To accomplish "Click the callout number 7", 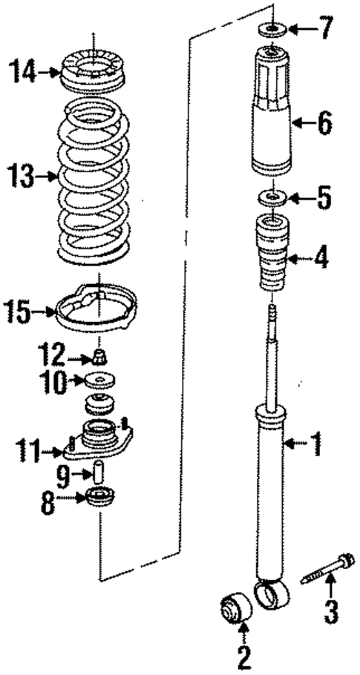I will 326,31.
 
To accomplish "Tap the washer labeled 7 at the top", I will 272,30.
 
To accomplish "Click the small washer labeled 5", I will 272,198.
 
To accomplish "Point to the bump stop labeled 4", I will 273,257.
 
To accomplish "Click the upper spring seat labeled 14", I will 94,72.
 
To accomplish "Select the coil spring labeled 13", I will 94,178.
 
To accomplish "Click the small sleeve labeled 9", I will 98,472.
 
